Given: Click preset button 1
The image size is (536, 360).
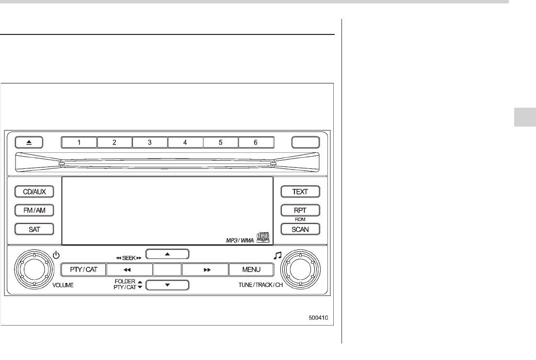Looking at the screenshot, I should pyautogui.click(x=79, y=143).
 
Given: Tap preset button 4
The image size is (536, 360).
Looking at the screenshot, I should pyautogui.click(x=185, y=143).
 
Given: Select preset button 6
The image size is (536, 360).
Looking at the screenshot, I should pyautogui.click(x=256, y=143).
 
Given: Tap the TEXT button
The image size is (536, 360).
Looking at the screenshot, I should pyautogui.click(x=300, y=192).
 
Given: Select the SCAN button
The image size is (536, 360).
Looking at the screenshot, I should pyautogui.click(x=300, y=229).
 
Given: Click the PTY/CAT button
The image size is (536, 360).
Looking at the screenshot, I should pyautogui.click(x=82, y=269).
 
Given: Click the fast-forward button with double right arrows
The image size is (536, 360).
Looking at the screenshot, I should pyautogui.click(x=206, y=269).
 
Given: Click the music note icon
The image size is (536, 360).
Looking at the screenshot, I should pyautogui.click(x=277, y=254).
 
